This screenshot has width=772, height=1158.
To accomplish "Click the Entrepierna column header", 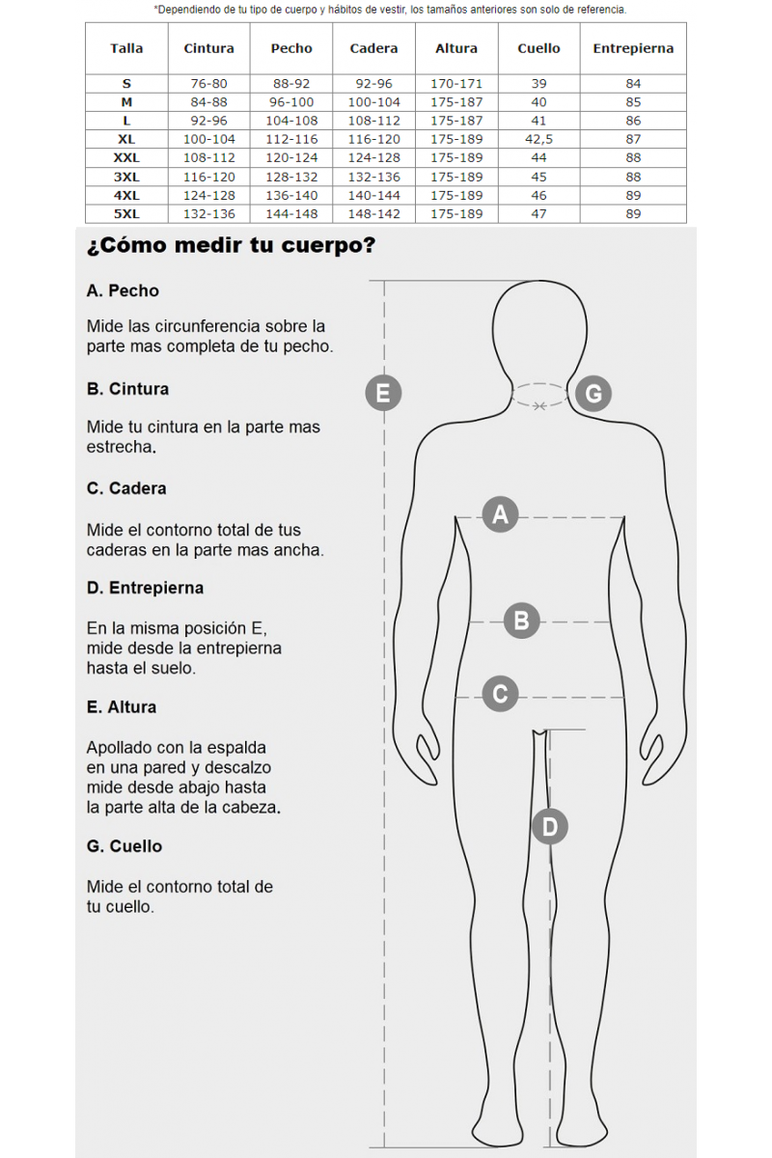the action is (x=633, y=48).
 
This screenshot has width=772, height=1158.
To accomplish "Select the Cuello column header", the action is (x=538, y=48).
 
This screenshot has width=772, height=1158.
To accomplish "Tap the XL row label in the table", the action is (x=126, y=139).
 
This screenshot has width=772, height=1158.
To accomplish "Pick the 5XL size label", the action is (x=126, y=213).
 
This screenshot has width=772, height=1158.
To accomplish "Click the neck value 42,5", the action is (x=538, y=139).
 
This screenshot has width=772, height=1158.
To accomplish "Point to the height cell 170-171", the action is (x=456, y=83).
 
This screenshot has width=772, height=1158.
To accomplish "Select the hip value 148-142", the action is (x=373, y=213).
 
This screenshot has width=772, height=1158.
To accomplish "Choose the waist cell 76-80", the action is (x=208, y=83).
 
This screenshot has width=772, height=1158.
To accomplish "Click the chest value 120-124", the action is (x=291, y=157).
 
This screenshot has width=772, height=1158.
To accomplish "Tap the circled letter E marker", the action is (x=383, y=393).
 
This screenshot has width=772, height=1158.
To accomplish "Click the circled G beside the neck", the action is (x=593, y=394).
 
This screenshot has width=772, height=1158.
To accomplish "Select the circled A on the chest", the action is (x=500, y=515).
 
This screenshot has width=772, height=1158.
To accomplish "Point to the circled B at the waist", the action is (x=521, y=620).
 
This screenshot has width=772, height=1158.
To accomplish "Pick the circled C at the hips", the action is (x=500, y=694).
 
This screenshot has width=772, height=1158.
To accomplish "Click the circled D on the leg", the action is (x=550, y=827).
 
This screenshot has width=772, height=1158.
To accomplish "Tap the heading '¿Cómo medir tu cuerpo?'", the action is (x=231, y=245).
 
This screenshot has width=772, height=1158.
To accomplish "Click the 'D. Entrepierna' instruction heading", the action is (x=145, y=589).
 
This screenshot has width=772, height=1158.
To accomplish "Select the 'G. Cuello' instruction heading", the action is (x=124, y=846).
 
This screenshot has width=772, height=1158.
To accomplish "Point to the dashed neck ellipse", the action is (x=539, y=384).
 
